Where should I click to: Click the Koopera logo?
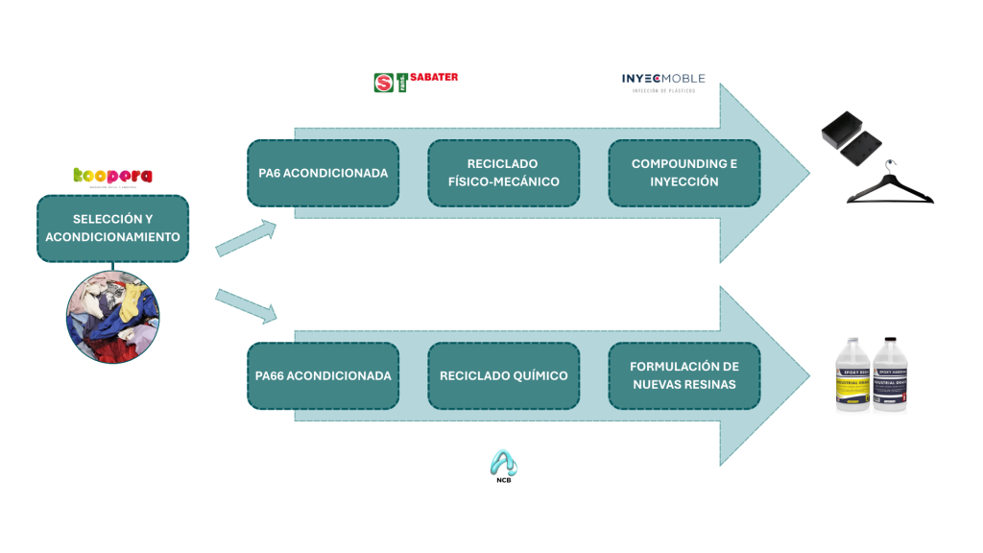pyautogui.click(x=112, y=176)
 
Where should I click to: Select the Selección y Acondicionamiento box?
pyautogui.click(x=112, y=228)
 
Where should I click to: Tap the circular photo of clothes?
pyautogui.click(x=112, y=314)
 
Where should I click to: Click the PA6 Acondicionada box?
pyautogui.click(x=323, y=174)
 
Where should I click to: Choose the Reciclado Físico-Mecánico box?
pyautogui.click(x=503, y=174)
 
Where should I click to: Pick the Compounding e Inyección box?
pyautogui.click(x=683, y=174)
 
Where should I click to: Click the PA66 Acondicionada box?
pyautogui.click(x=323, y=375)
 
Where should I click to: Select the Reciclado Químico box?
pyautogui.click(x=503, y=375)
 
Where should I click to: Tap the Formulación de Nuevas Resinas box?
pyautogui.click(x=683, y=375)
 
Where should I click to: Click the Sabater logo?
pyautogui.click(x=416, y=82)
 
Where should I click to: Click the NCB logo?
pyautogui.click(x=503, y=467)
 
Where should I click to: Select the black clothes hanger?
pyautogui.click(x=889, y=190)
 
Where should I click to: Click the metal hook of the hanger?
pyautogui.click(x=893, y=164)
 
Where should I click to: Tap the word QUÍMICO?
pyautogui.click(x=537, y=375)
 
